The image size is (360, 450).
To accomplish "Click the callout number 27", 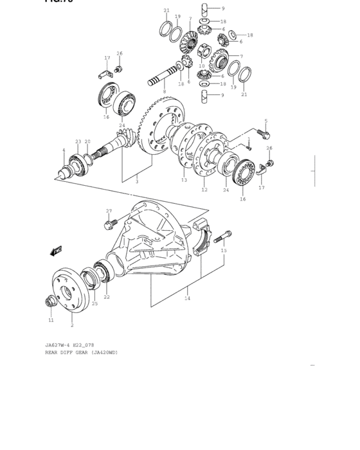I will [x=109, y=211].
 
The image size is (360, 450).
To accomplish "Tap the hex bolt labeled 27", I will [x=107, y=224].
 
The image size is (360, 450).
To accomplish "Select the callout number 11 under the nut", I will [x=51, y=319].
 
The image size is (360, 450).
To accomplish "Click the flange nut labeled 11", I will [x=50, y=301].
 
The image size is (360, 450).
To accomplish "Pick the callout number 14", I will [x=187, y=298].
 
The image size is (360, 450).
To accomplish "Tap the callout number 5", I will [x=265, y=121].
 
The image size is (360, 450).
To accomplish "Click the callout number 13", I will [x=184, y=181].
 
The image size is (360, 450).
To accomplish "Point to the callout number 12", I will [x=204, y=190].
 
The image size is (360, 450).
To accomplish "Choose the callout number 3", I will [x=136, y=181].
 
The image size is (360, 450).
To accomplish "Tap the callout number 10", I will [x=201, y=66].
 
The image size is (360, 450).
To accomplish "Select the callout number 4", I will [x=64, y=150].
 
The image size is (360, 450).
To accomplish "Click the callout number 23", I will [x=78, y=141].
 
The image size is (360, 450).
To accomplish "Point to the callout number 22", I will [x=107, y=296].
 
